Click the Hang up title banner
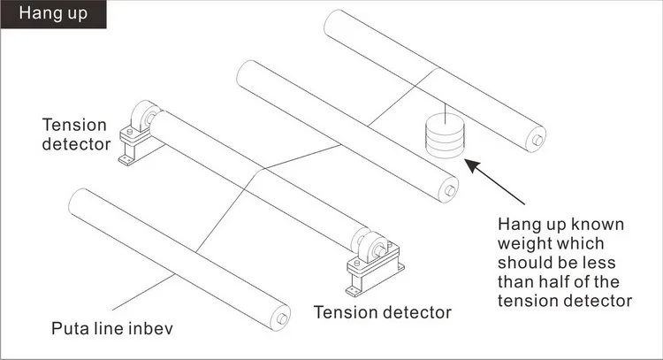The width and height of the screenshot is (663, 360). pos(53,14)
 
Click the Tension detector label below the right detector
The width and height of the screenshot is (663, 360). pos(382,311)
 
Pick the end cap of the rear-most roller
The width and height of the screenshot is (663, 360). pos(538,139)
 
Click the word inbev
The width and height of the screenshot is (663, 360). pos(147,330)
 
